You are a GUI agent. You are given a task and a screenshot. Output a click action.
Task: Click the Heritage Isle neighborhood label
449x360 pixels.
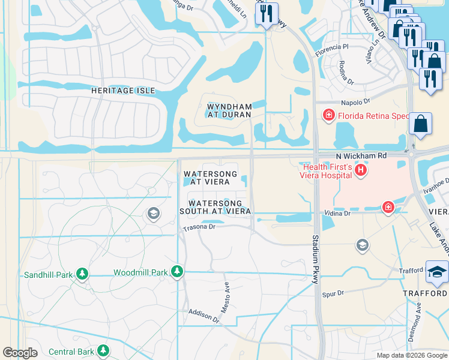pyautogui.click(x=122, y=91)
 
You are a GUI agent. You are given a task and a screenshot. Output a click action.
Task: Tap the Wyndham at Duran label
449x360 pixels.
pyautogui.click(x=229, y=110)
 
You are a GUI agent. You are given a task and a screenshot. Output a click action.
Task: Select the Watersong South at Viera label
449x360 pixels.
pyautogui.click(x=215, y=207)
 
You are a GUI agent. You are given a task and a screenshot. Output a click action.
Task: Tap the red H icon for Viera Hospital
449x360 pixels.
pyautogui.click(x=361, y=171)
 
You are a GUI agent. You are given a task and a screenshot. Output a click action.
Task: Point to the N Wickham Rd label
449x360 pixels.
pyautogui.click(x=360, y=155)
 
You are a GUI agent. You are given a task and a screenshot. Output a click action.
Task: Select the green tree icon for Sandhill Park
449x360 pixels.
pyautogui.click(x=82, y=275)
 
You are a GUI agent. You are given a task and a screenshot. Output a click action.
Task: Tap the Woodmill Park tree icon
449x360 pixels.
pyautogui.click(x=176, y=272)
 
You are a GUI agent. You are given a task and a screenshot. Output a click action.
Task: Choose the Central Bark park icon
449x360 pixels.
pyautogui.click(x=103, y=350)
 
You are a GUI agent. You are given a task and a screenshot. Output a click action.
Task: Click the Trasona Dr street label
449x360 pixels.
pyautogui.click(x=199, y=227)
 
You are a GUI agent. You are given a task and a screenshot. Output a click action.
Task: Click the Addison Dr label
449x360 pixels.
pyautogui.click(x=204, y=316)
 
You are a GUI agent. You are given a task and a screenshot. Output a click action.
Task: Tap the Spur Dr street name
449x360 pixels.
pyautogui.click(x=333, y=293)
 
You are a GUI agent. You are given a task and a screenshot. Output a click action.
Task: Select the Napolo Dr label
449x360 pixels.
pyautogui.click(x=356, y=103)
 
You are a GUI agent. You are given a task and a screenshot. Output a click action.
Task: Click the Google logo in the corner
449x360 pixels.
pyautogui.click(x=20, y=353)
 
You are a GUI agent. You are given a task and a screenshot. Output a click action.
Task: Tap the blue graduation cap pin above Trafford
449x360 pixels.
pyautogui.click(x=437, y=272)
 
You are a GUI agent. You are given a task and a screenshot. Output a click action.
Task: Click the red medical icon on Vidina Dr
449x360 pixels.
pyautogui.click(x=388, y=208)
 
